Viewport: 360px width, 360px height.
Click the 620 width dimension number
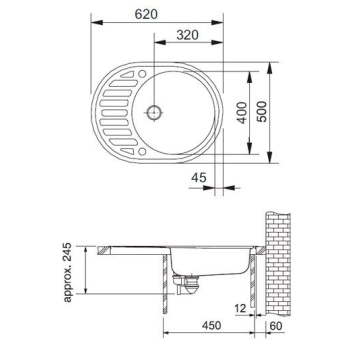pos(146,14)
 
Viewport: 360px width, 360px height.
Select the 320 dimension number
pos(187,35)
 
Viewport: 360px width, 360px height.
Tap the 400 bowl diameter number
pos(242,112)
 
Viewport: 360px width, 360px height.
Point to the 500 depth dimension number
pos(261,111)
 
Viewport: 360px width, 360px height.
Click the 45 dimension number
pos(199,177)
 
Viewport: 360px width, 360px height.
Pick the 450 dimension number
pos(211,325)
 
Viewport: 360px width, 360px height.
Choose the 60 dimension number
pos(275,325)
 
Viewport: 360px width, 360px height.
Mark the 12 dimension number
pos(240,308)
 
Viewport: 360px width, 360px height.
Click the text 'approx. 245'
pos(67,272)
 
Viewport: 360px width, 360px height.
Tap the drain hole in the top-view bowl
pos(154,112)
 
